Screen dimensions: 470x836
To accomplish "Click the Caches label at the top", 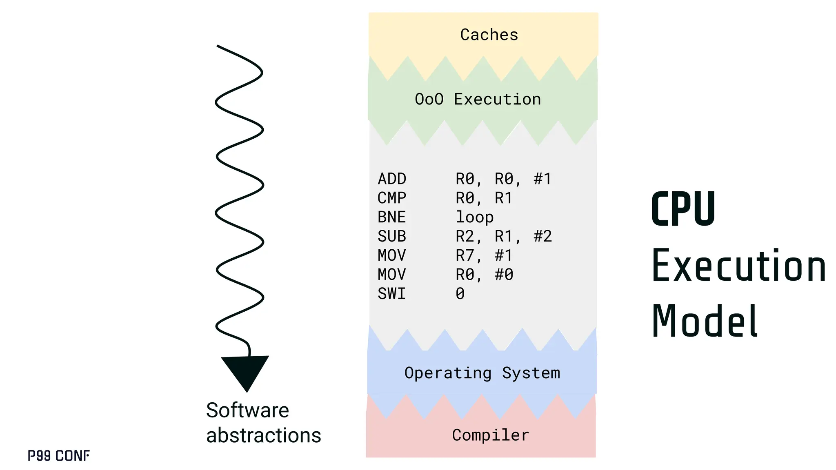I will (x=489, y=35).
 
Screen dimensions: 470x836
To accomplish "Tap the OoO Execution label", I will (x=478, y=99).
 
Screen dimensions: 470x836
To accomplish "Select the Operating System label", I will (x=482, y=373).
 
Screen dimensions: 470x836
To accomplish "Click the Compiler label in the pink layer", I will (x=490, y=435).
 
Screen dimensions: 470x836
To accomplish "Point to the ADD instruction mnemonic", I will (x=392, y=179).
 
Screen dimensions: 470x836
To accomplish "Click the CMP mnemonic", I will (x=392, y=198).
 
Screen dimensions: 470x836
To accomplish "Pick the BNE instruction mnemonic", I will (x=392, y=217).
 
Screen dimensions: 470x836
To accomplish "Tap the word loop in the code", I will (x=474, y=217).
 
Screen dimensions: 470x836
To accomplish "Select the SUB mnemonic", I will (x=392, y=236).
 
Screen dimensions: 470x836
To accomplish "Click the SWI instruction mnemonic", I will (x=392, y=294).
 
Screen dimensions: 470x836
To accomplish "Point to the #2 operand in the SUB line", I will (x=543, y=236).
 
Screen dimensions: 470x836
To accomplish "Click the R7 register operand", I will (x=465, y=255).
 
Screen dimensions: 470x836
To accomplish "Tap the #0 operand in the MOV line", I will (x=504, y=275).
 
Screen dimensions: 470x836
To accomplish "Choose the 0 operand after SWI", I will (x=460, y=294).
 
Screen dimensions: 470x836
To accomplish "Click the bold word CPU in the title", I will (x=683, y=209).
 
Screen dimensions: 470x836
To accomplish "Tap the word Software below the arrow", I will (x=247, y=410).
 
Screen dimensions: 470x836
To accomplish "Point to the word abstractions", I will (x=263, y=435).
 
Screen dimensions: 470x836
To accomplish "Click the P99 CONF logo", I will (x=59, y=456).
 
